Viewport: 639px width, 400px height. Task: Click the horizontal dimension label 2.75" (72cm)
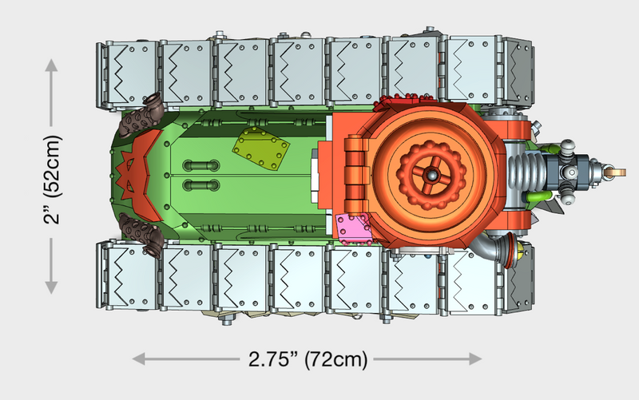tap(308, 358)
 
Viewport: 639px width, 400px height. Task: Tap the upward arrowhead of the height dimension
tap(52, 64)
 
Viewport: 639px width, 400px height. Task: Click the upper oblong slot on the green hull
tap(202, 165)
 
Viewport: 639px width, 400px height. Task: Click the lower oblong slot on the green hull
tap(202, 185)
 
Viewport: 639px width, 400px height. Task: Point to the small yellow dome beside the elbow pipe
tap(522, 254)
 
